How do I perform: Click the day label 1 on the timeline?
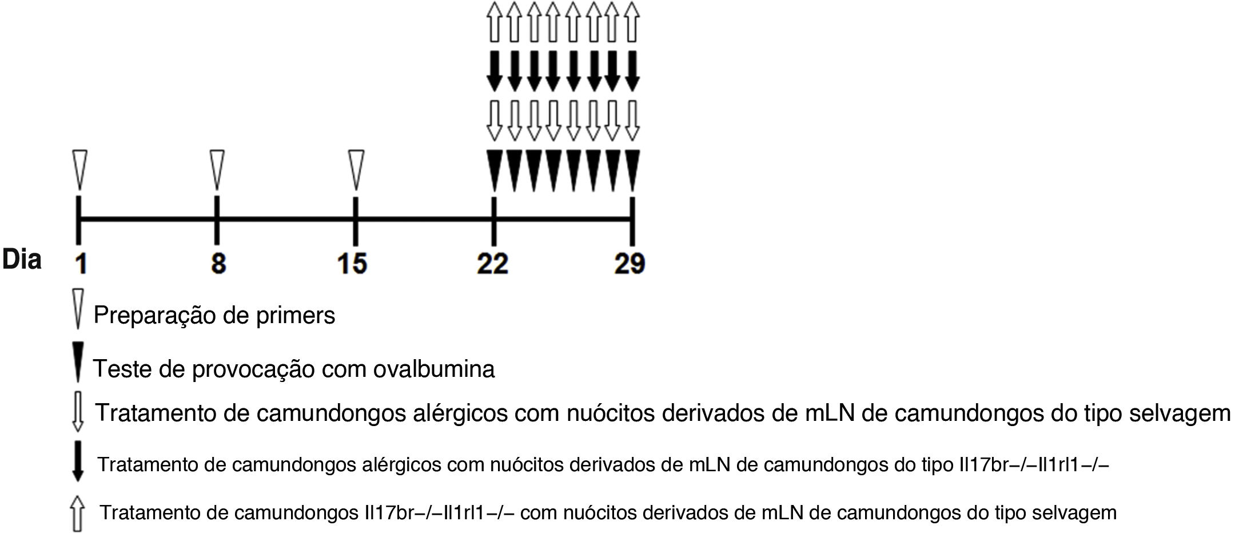point(82,263)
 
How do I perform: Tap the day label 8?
point(218,263)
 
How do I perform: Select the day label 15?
point(352,263)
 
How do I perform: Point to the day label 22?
point(493,263)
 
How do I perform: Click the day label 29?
point(630,263)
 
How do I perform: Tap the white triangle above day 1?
point(79,169)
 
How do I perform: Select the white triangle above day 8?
point(217,169)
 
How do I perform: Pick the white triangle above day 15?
point(356,169)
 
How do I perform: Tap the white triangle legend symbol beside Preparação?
point(79,309)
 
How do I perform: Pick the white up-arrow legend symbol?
point(78,513)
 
